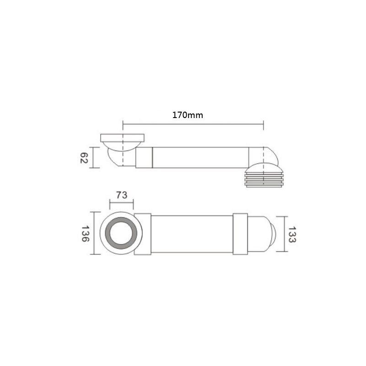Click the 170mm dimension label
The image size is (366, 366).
188,115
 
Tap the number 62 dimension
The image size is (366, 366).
84,158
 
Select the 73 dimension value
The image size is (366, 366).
122,195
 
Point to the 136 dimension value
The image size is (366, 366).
86,233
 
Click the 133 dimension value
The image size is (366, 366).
292,235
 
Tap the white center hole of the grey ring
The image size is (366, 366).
121,233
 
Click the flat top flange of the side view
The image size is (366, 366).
122,138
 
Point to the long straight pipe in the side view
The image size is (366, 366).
200,157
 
